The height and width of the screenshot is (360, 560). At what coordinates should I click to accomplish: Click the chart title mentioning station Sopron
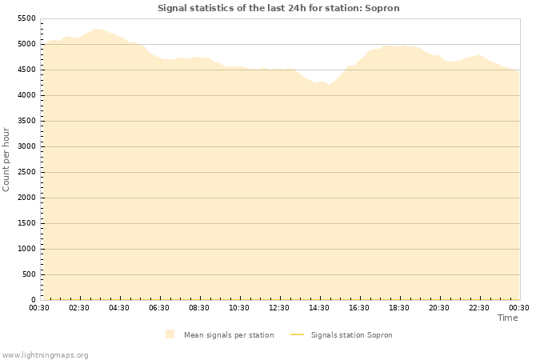278,8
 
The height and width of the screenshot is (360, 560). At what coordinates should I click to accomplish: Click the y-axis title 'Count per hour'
7,158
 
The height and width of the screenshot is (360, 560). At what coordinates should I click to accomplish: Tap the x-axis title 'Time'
507,318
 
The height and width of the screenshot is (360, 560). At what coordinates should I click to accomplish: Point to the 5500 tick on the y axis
26,18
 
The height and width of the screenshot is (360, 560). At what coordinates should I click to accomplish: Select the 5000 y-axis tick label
26,44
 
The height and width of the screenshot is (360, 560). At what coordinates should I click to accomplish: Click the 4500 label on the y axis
26,70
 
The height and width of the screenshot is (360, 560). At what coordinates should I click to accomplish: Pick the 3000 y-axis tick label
26,146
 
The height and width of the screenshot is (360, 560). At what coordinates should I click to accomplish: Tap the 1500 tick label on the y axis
26,223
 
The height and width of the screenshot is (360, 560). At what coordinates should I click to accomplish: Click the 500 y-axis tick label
28,274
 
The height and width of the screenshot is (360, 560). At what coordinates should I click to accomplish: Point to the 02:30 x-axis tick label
79,308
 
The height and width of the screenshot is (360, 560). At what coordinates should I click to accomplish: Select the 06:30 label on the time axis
159,308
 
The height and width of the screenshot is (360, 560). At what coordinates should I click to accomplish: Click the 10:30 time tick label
239,308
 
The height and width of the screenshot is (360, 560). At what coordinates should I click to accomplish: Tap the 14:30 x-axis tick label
319,308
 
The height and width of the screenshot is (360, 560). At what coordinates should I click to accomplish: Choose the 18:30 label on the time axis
399,308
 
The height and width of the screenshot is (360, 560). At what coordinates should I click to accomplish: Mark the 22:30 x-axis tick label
479,308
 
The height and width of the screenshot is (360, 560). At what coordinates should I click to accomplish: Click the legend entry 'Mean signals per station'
229,335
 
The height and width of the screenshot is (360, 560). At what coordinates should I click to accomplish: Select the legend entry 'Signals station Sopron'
351,335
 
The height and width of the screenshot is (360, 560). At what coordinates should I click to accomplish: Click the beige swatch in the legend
170,334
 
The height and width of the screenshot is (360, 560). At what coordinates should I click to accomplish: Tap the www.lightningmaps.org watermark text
46,354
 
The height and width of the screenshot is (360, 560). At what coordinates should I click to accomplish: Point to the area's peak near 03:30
96,29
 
